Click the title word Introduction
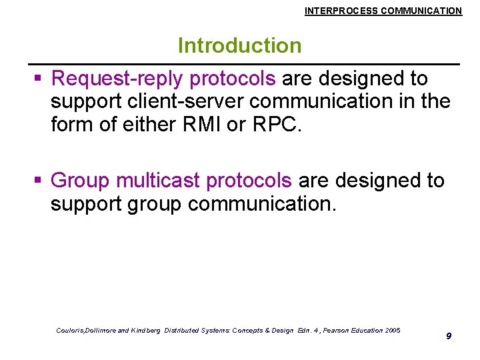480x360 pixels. click(239, 46)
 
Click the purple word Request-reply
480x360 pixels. click(117, 79)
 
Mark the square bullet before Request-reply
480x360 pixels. click(39, 79)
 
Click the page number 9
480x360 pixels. click(449, 336)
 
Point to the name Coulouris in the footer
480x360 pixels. click(73, 331)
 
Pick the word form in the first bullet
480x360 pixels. click(73, 125)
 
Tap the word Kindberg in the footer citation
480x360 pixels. click(142, 331)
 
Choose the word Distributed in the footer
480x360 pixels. click(181, 331)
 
